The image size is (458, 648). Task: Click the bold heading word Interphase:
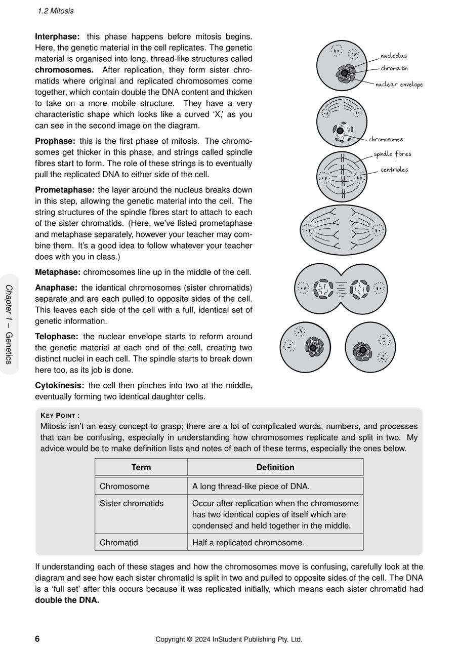(x=57, y=36)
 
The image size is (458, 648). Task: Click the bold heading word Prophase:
(x=55, y=141)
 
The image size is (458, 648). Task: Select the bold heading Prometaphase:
(x=65, y=190)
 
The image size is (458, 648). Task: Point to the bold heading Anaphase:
(x=56, y=288)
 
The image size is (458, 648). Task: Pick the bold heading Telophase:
(x=57, y=336)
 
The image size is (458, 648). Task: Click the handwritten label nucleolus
(x=393, y=56)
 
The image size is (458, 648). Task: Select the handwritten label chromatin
(x=394, y=68)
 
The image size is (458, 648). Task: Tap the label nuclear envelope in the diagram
(x=399, y=85)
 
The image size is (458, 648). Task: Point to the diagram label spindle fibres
(x=392, y=154)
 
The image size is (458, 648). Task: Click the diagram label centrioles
(x=394, y=170)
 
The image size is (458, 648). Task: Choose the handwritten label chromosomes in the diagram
(x=386, y=139)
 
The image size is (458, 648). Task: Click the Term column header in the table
(x=141, y=467)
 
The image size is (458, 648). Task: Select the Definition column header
(x=275, y=467)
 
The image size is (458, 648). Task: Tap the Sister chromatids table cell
(x=132, y=503)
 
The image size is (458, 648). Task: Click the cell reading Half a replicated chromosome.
(x=248, y=543)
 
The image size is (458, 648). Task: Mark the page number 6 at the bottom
(x=37, y=639)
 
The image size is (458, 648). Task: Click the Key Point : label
(x=60, y=416)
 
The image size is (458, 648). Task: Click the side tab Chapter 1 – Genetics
(x=9, y=324)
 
